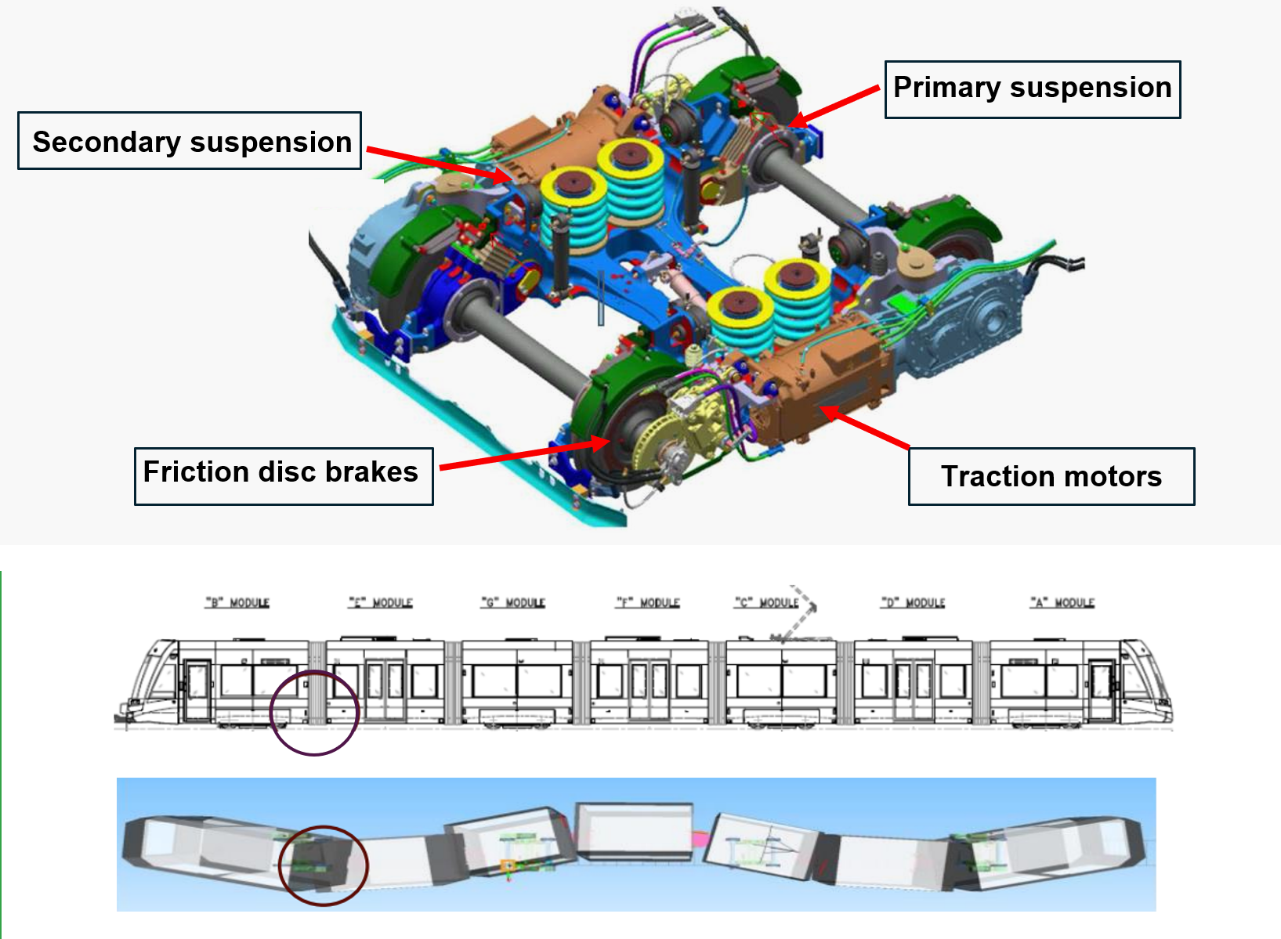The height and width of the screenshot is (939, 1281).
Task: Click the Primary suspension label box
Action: (x=1032, y=89)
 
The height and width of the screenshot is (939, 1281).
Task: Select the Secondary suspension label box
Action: (x=190, y=141)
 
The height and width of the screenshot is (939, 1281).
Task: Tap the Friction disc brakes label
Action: (x=283, y=476)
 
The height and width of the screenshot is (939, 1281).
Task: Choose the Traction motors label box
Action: (x=1051, y=476)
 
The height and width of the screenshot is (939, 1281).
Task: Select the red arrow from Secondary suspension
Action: (x=439, y=162)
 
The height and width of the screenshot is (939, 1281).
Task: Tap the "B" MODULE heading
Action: (x=237, y=603)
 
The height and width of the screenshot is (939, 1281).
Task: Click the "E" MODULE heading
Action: (x=381, y=603)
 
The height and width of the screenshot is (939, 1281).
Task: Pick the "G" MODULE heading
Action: (x=513, y=603)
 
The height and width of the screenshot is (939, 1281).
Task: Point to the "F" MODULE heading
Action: (x=648, y=603)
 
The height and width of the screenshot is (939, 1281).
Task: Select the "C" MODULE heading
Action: (x=767, y=603)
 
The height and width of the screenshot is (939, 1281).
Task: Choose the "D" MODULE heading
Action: (x=914, y=603)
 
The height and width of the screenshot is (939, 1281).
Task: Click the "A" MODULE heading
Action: (x=1062, y=603)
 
